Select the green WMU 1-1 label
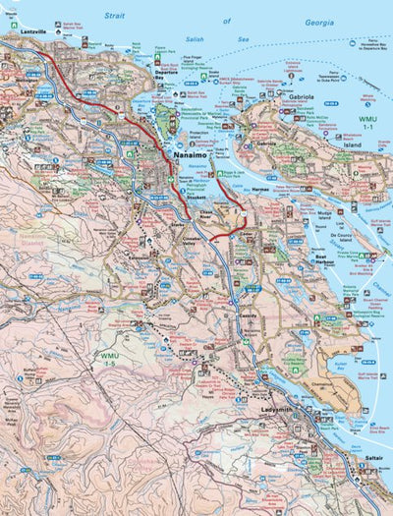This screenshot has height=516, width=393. point(367,122)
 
